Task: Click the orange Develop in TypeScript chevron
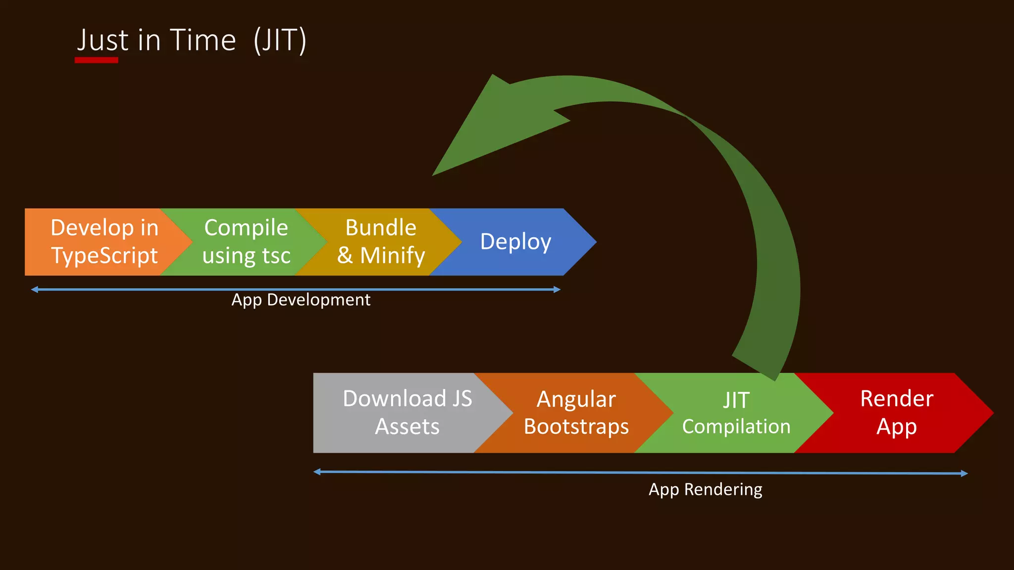[x=99, y=241]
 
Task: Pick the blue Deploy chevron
[x=515, y=241]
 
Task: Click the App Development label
[x=301, y=300]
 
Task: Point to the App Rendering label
[x=705, y=489]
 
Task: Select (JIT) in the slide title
[x=280, y=40]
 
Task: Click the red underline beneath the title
[x=97, y=60]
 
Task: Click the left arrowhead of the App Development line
[x=34, y=289]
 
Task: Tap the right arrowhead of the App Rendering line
[x=964, y=474]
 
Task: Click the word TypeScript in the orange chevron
[x=104, y=256]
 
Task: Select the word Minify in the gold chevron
[x=392, y=256]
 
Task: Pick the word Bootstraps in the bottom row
[x=576, y=427]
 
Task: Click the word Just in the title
[x=103, y=40]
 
